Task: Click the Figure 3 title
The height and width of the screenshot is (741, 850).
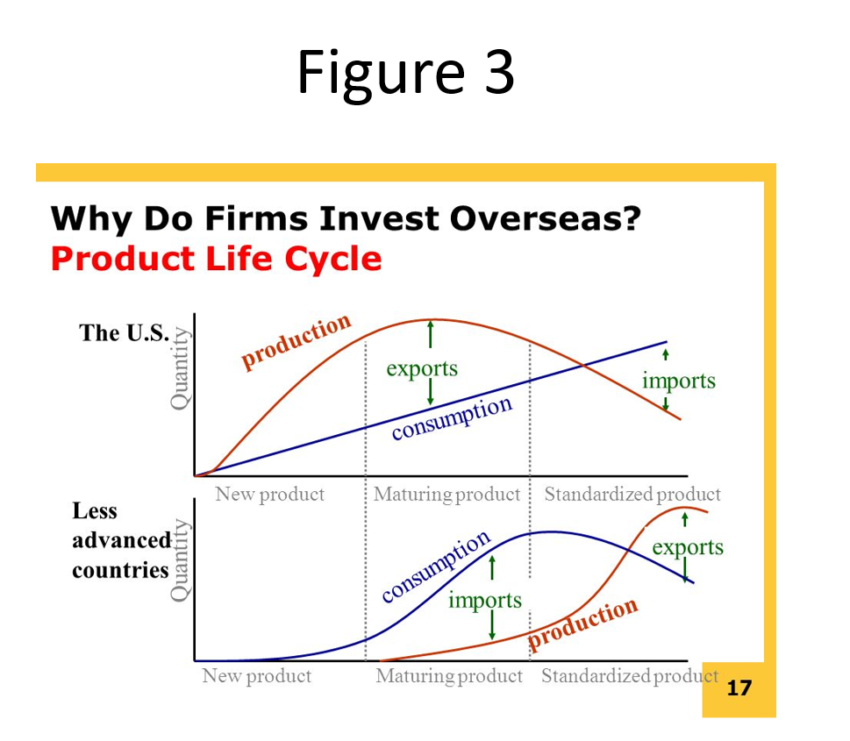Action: point(405,73)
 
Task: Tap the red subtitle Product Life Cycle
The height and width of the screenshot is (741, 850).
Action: point(217,258)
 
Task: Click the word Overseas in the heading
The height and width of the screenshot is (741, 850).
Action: point(546,218)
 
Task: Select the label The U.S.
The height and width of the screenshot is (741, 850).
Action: point(125,332)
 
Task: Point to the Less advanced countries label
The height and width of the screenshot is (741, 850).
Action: point(121,540)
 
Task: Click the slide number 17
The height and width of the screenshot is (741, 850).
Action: point(739,688)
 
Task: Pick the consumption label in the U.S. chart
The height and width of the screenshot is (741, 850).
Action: point(452,418)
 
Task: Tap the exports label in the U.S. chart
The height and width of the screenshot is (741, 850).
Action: point(422,369)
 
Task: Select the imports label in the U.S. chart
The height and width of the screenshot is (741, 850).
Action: point(679,381)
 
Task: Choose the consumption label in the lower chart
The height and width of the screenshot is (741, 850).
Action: point(436,566)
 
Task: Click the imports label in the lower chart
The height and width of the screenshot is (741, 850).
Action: point(485,600)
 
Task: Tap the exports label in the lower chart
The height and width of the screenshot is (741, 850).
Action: point(688,547)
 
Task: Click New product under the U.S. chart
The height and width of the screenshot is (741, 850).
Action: point(269,495)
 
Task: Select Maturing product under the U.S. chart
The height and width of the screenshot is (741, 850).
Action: point(446,495)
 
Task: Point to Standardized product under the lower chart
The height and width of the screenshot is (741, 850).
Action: point(630,676)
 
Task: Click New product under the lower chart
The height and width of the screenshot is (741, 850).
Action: point(256,676)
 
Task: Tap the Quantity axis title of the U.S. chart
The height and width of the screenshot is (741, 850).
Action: point(180,368)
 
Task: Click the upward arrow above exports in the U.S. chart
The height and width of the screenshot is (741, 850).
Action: point(431,334)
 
